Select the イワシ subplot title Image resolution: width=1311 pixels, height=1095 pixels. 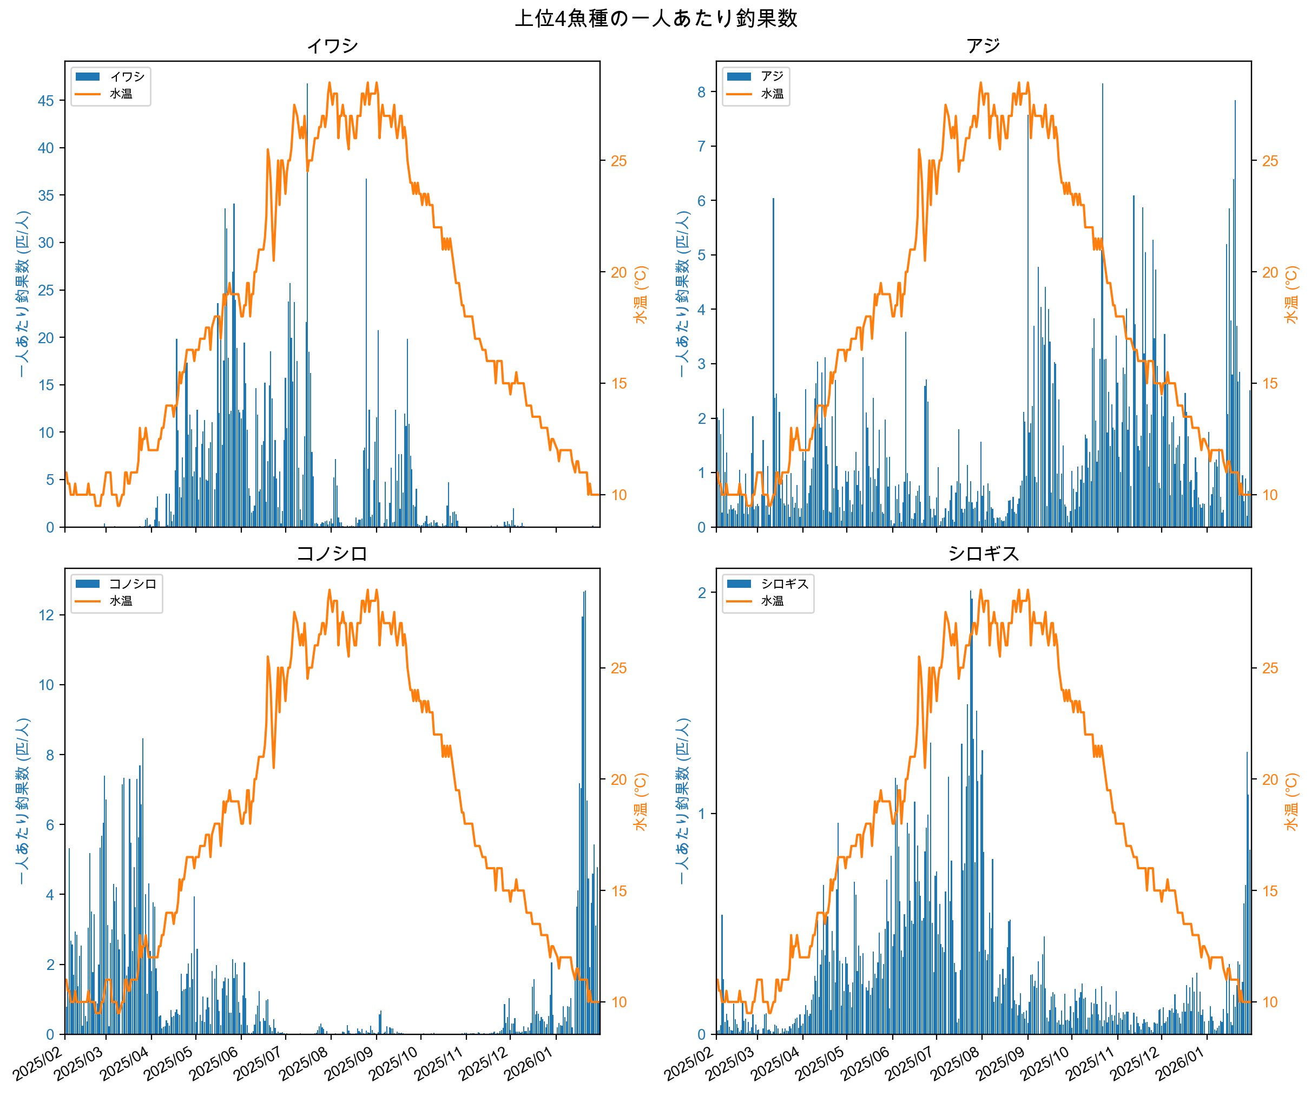(x=332, y=45)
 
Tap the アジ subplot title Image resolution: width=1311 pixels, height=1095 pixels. (x=983, y=45)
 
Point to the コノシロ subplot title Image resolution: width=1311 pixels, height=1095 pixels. (x=332, y=553)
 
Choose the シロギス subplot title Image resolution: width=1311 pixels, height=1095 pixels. (x=983, y=553)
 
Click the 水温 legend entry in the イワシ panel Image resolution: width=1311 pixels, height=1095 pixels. (x=121, y=94)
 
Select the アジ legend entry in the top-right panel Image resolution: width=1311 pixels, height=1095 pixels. (x=772, y=76)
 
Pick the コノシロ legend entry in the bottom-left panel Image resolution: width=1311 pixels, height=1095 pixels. (x=133, y=583)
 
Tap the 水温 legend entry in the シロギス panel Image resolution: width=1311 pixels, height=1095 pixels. (x=772, y=601)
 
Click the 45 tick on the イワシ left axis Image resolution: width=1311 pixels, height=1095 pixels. (x=45, y=101)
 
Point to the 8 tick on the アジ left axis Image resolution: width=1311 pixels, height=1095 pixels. (x=701, y=92)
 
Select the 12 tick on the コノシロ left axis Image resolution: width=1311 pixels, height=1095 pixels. (x=45, y=615)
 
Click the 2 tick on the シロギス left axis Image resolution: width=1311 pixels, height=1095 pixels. (x=701, y=592)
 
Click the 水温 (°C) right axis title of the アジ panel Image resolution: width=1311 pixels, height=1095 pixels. (x=1291, y=294)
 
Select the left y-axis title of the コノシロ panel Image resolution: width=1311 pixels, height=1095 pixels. (x=23, y=802)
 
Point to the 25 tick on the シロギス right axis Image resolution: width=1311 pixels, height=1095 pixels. (x=1270, y=668)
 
